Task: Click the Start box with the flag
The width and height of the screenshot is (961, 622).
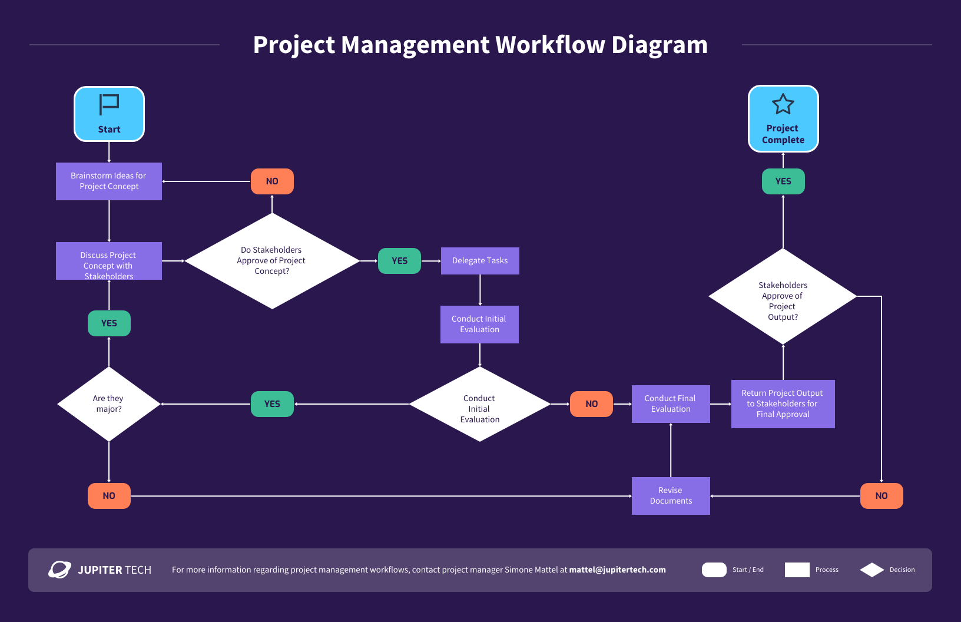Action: point(109,114)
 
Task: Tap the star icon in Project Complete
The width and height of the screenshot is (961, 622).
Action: point(783,104)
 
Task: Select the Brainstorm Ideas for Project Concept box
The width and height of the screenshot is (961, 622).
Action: point(109,181)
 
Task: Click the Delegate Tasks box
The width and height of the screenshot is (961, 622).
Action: point(480,261)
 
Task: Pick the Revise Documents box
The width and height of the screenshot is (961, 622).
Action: point(671,496)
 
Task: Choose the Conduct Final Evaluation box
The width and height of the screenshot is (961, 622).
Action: point(671,404)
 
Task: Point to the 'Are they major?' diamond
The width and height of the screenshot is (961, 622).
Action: point(109,404)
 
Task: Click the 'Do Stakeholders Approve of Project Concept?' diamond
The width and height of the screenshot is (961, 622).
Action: point(272,261)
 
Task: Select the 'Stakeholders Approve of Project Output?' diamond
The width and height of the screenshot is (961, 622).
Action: point(783,297)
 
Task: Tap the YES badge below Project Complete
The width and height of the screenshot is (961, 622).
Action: point(783,181)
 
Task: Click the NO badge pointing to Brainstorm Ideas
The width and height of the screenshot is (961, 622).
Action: point(272,181)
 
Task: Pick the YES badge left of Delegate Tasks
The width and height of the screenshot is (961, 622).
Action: point(399,261)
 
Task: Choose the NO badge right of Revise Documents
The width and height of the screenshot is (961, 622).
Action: point(882,496)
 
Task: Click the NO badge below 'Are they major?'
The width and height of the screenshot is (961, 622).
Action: point(109,496)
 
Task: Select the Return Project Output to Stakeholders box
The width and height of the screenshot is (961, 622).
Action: point(783,404)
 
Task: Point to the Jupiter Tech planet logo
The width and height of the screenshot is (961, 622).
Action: point(59,570)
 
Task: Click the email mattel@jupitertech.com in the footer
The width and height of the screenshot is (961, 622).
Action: point(617,570)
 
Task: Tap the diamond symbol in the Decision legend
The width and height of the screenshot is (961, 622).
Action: point(872,570)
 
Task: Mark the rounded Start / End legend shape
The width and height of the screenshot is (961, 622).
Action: point(714,570)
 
